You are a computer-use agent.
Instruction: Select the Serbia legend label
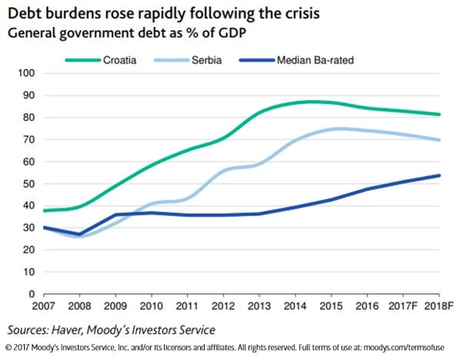[x=206, y=60]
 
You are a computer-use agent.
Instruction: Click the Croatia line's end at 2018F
[x=439, y=114]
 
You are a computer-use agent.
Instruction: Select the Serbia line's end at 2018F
[x=439, y=140]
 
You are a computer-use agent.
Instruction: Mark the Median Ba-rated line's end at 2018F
[x=439, y=175]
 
